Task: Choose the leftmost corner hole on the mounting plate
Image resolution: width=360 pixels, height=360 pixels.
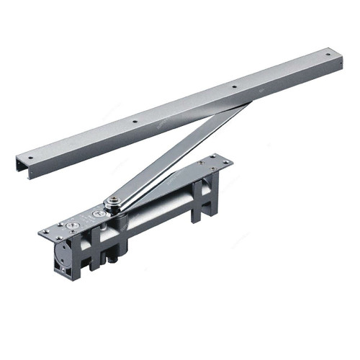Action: click(44, 232)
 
